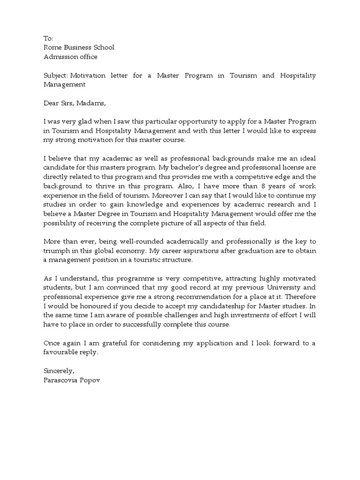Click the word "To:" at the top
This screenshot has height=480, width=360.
click(x=48, y=38)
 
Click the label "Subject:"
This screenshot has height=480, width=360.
click(x=56, y=75)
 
